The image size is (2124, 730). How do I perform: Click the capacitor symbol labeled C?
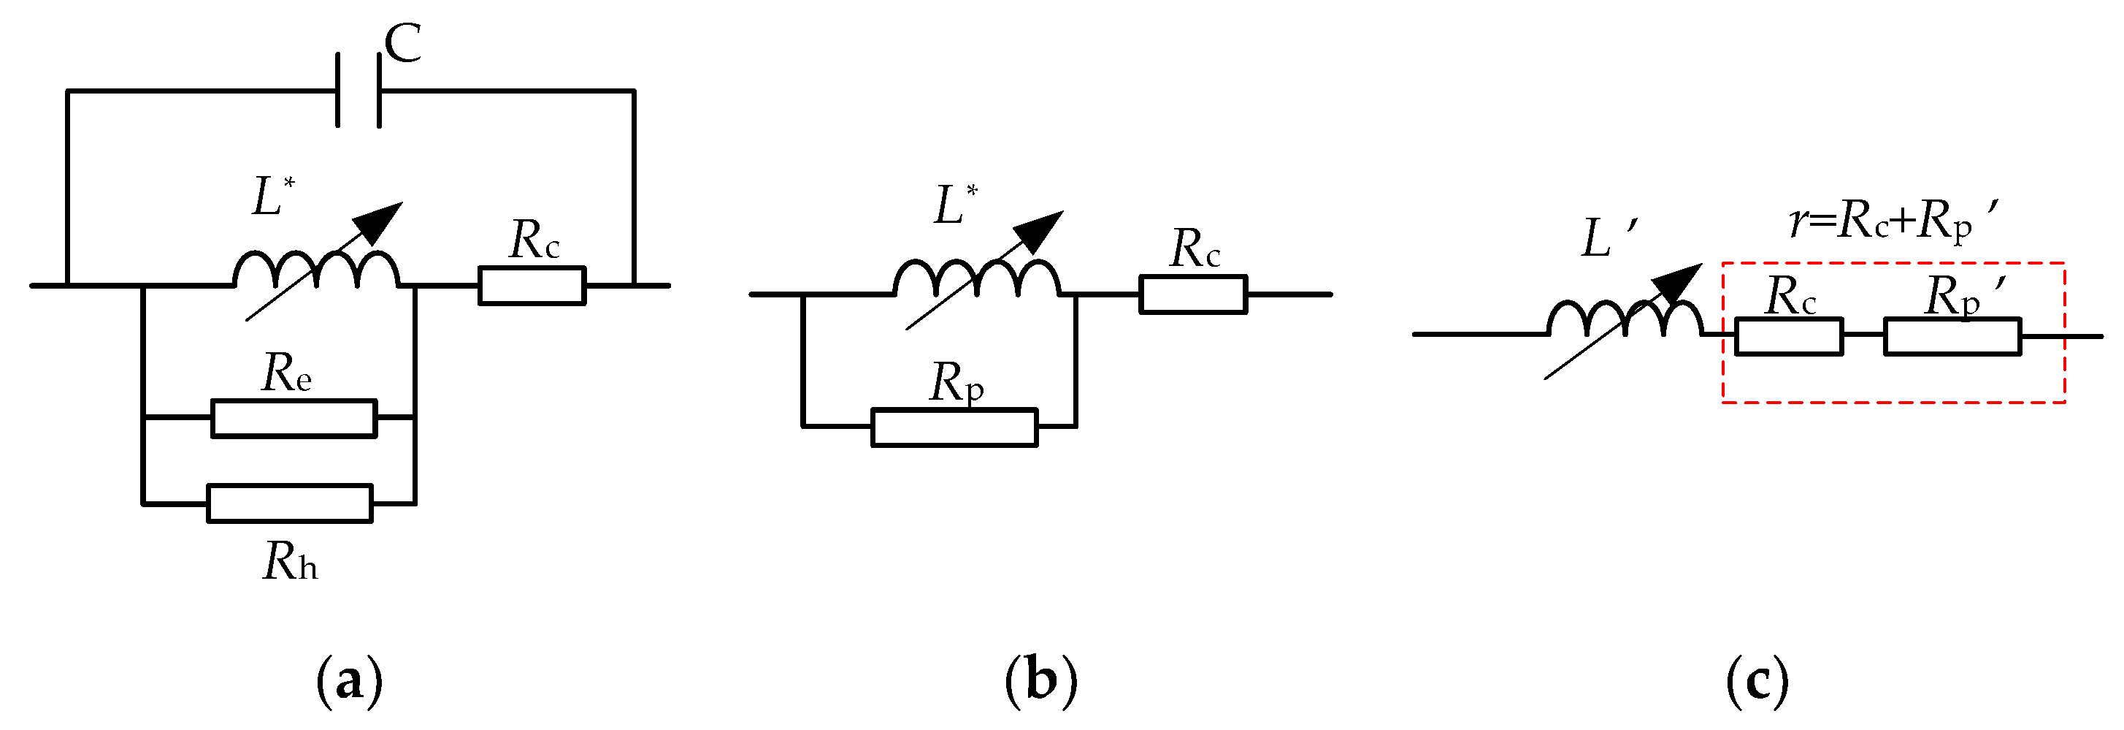(358, 91)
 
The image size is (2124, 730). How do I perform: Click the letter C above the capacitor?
(403, 44)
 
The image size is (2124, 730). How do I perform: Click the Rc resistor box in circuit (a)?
(532, 286)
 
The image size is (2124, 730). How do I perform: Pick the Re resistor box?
(294, 418)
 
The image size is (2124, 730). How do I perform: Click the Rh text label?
(289, 563)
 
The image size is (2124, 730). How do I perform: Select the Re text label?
(286, 373)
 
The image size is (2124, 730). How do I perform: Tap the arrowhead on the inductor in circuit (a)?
(379, 221)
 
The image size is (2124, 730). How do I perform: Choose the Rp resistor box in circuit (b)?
(954, 427)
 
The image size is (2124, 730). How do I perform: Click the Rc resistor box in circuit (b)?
(1193, 294)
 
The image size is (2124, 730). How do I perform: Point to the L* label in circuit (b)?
(956, 205)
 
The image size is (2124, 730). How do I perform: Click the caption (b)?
(1041, 680)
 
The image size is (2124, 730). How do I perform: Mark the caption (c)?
(1757, 680)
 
